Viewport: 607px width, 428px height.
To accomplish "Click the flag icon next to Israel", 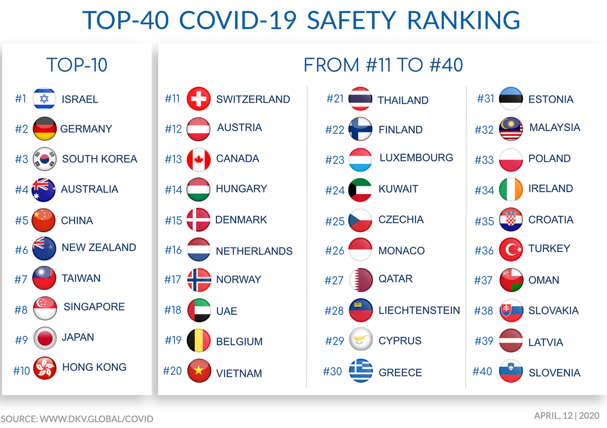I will pyautogui.click(x=44, y=99).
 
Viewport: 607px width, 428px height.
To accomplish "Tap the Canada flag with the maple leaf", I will pyautogui.click(x=199, y=159).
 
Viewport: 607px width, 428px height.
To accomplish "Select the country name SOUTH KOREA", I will pyautogui.click(x=100, y=159).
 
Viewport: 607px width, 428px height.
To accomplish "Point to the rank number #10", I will pyautogui.click(x=22, y=370).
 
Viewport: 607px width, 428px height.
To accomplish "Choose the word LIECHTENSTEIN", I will pyautogui.click(x=419, y=311).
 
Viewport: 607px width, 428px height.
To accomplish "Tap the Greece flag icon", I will pyautogui.click(x=361, y=371).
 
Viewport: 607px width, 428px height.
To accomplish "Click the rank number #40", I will pyautogui.click(x=482, y=372).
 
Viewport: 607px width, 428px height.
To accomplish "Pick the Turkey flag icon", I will pyautogui.click(x=511, y=250).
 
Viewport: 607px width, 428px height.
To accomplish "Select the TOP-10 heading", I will pyautogui.click(x=77, y=65).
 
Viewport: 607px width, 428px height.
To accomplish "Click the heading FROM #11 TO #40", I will pyautogui.click(x=383, y=65).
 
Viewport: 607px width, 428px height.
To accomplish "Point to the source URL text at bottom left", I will pyautogui.click(x=77, y=419).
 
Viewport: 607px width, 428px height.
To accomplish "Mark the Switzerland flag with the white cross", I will pyautogui.click(x=199, y=99).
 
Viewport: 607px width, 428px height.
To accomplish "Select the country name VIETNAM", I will pyautogui.click(x=239, y=373).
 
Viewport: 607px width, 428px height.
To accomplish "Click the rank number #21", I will pyautogui.click(x=335, y=99).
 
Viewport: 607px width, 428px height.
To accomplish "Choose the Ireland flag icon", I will pyautogui.click(x=511, y=189).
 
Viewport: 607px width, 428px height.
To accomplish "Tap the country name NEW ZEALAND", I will pyautogui.click(x=98, y=247).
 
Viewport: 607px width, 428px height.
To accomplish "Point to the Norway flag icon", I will pyautogui.click(x=199, y=280).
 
